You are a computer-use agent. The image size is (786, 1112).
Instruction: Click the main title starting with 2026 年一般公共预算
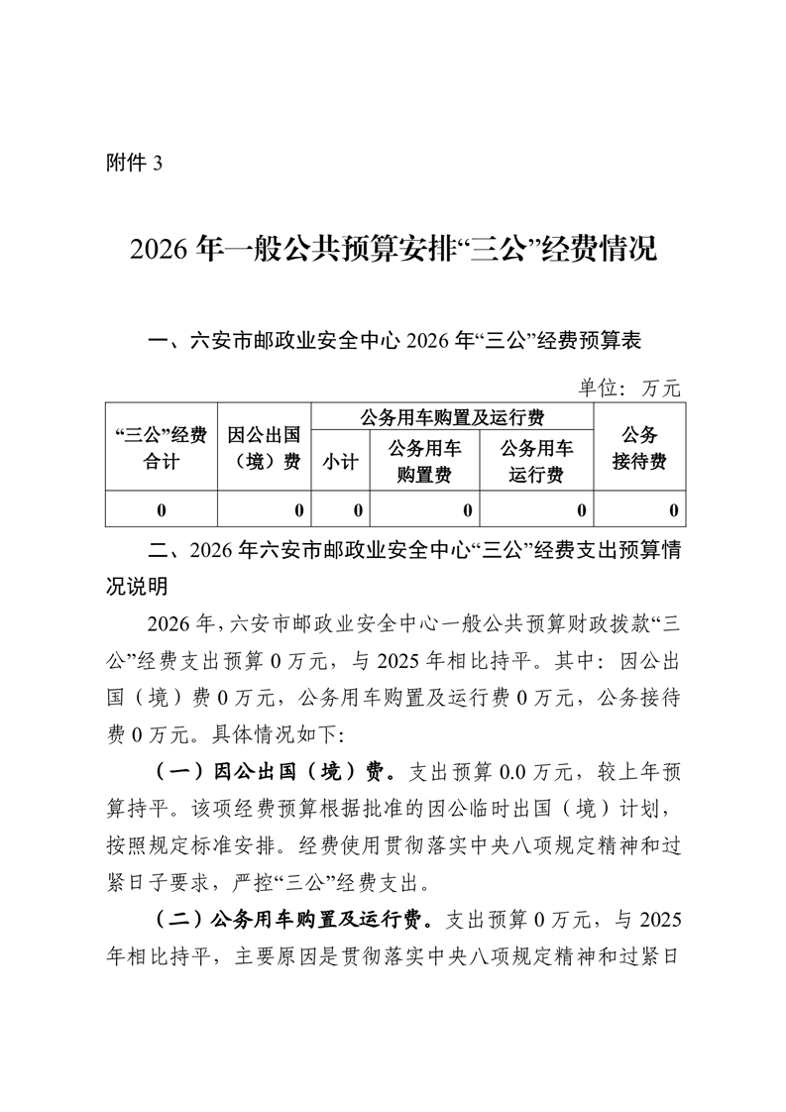[x=393, y=250]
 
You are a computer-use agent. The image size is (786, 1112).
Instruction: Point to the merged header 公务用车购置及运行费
[x=452, y=415]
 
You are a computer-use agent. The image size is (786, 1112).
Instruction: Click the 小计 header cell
[x=339, y=461]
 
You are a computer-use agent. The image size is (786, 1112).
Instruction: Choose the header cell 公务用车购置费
[x=424, y=461]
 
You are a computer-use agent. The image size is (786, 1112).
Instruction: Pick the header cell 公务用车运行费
[x=536, y=461]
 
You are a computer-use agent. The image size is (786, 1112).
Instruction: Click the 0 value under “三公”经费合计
[x=161, y=510]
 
